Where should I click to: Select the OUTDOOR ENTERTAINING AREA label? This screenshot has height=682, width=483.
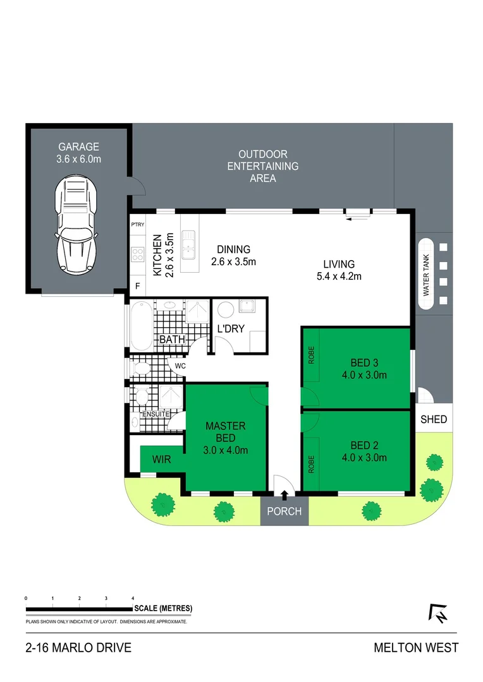point(262,166)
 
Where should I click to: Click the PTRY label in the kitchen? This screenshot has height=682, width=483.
point(137,225)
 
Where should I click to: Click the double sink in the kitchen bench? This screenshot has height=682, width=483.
point(188,245)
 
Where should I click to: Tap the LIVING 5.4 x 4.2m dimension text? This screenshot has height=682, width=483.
point(338,270)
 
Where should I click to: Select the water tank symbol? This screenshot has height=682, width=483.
point(426,274)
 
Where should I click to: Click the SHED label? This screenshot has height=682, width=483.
point(434,419)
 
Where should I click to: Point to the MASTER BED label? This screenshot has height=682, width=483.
point(226,432)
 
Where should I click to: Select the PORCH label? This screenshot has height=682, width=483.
point(284,512)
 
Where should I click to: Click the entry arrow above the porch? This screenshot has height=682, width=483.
point(284,495)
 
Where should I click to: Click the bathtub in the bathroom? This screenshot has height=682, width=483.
point(140,325)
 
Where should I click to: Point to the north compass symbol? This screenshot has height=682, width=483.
point(437,613)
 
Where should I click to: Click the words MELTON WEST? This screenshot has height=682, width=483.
point(416,648)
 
